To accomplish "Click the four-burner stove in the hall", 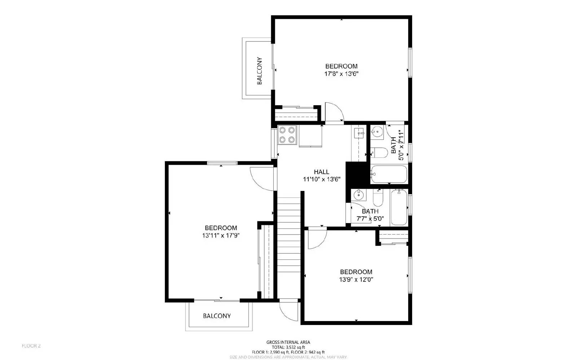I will pos(287,135).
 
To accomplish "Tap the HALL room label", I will pos(321,172).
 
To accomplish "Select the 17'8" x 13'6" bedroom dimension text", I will pos(341,74).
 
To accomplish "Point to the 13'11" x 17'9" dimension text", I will pos(221,236).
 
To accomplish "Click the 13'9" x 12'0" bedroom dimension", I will pos(356,280).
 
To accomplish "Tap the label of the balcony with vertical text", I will pos(259,71).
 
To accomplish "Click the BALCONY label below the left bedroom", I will pos(217,316).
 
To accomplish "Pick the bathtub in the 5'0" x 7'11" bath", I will pos(389,174).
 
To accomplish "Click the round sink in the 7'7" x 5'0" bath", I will pos(359,195).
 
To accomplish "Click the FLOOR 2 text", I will pos(31,346).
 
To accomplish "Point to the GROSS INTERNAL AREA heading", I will pos(288,342).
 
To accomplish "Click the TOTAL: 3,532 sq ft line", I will pos(288,347).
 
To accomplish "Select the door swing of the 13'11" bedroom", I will pos(263,179).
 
